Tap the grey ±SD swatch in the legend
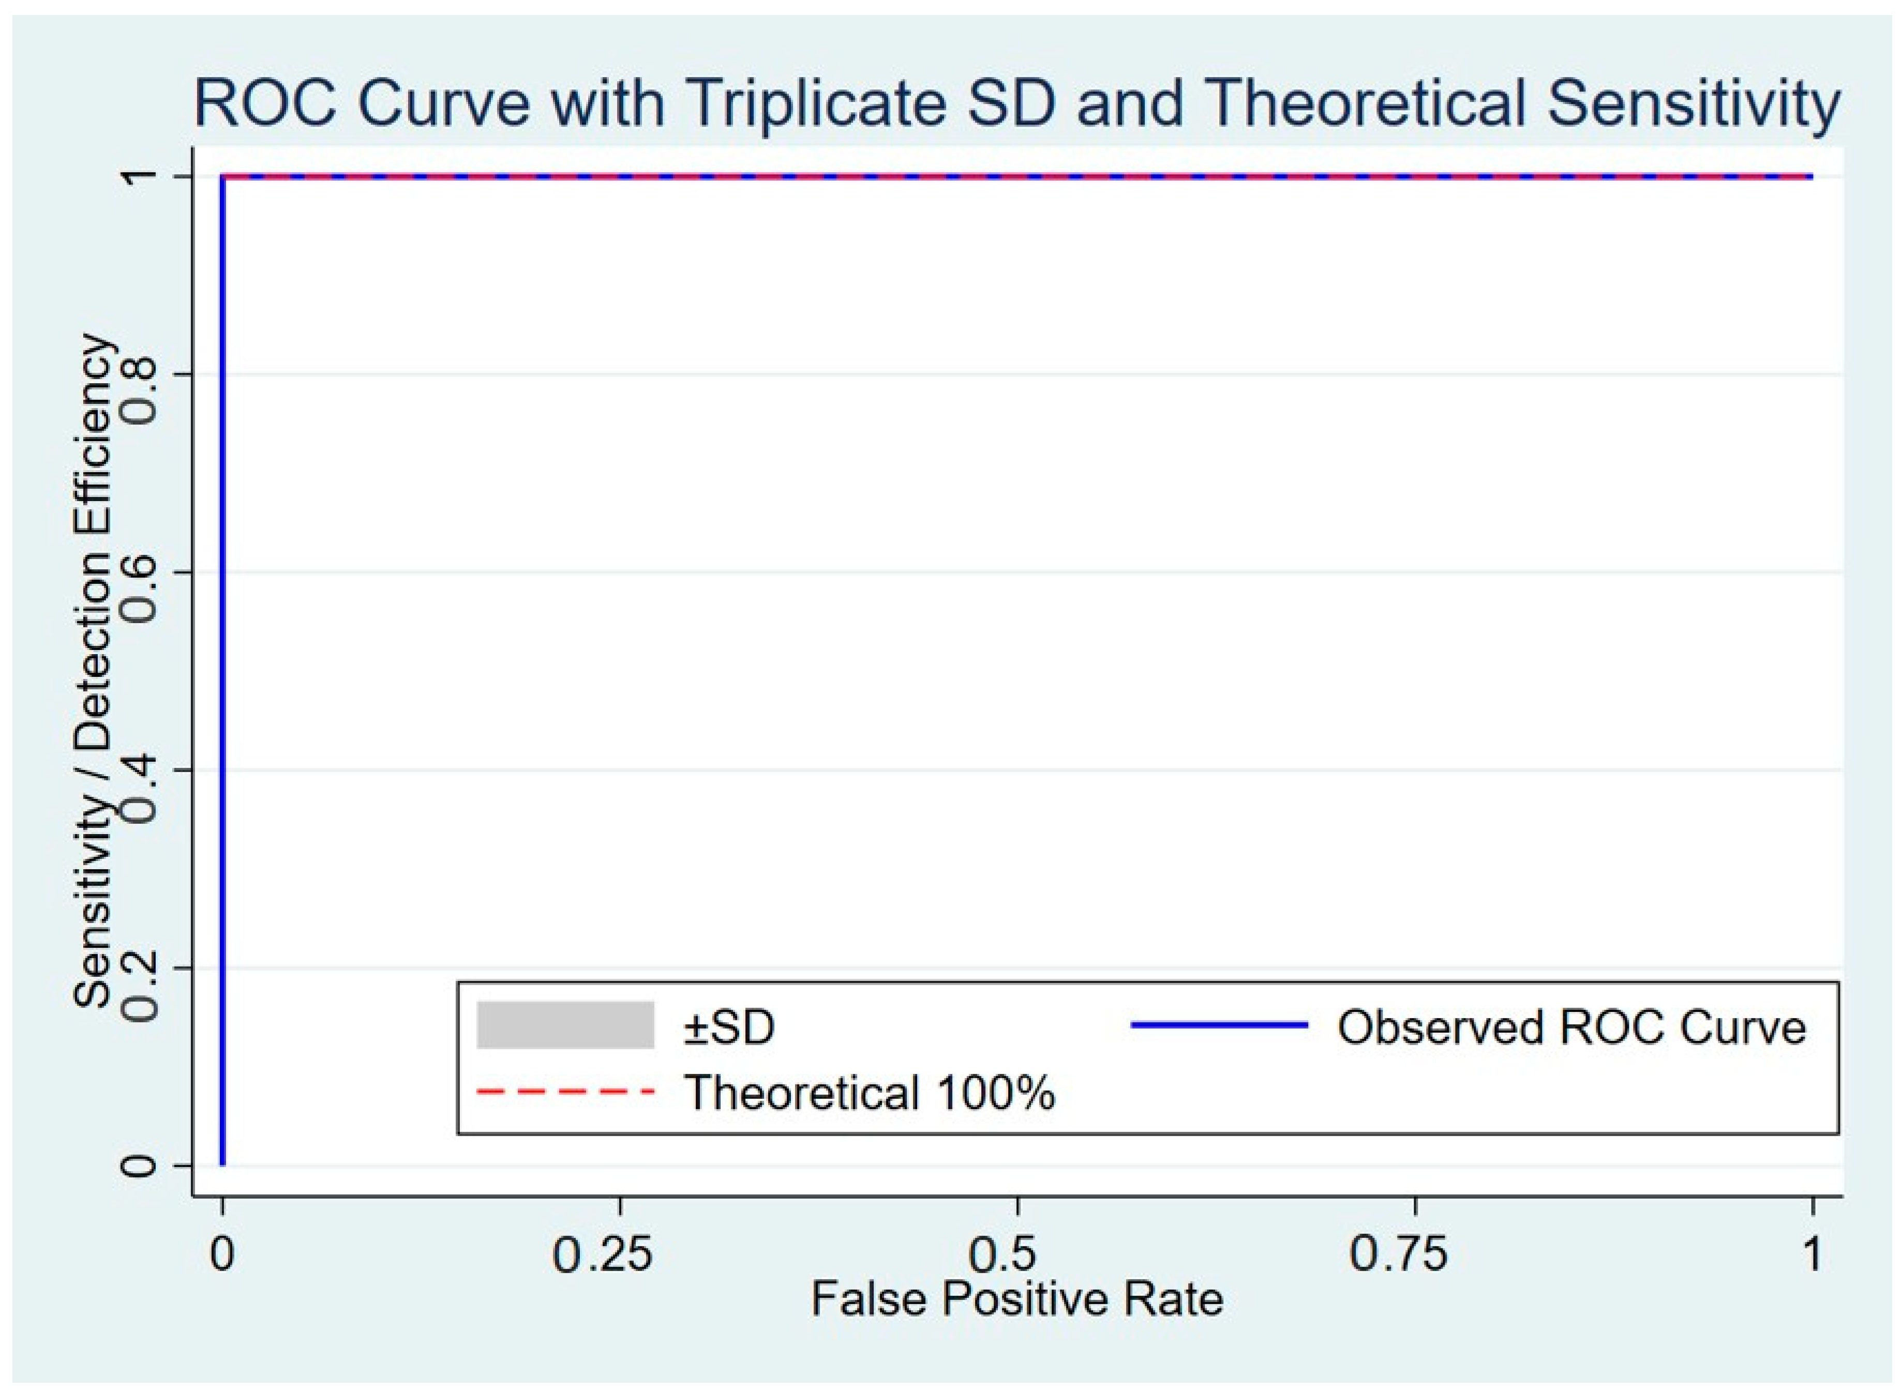[x=565, y=1025]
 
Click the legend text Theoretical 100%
[x=870, y=1092]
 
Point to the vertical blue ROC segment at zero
[x=222, y=671]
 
